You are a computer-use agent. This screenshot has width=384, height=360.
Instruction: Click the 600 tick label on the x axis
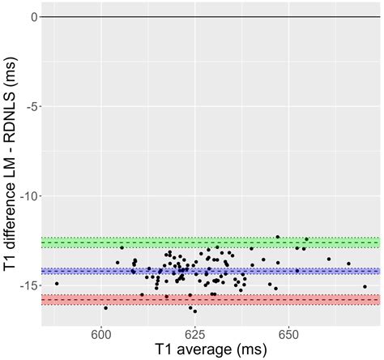coord(101,332)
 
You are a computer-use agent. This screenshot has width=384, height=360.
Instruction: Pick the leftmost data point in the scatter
coord(56,284)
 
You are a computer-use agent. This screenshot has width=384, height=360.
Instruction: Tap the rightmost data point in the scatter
coord(365,286)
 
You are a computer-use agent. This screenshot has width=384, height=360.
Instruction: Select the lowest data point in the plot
coord(194,311)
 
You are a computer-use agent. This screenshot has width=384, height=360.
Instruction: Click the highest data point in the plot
coord(277,237)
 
